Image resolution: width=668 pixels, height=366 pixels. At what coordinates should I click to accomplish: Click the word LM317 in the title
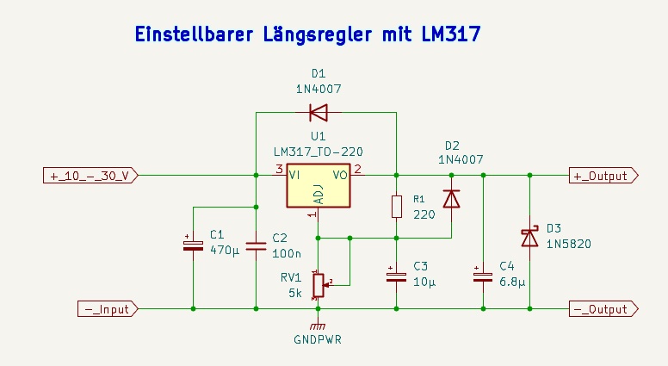tap(451, 34)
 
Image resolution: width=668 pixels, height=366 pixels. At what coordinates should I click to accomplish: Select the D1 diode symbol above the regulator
tap(319, 113)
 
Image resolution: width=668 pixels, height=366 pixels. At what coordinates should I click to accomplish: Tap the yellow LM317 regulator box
tap(319, 186)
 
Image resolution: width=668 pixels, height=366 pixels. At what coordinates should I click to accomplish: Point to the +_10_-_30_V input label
tap(90, 175)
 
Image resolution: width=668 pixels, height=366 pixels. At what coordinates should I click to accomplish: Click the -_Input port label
tap(108, 309)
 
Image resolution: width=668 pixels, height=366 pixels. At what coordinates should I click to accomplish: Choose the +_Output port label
tap(603, 175)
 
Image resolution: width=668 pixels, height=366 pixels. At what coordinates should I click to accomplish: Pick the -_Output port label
tap(603, 309)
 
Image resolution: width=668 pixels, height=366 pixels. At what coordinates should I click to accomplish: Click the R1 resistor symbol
tap(397, 207)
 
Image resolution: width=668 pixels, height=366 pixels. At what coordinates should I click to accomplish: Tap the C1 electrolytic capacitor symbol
tap(193, 245)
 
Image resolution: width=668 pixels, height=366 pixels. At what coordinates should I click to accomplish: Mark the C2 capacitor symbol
tap(256, 245)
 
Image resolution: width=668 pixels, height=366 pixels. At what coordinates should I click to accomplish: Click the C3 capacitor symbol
tap(396, 276)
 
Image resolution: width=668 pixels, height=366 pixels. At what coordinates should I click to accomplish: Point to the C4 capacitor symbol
tap(483, 276)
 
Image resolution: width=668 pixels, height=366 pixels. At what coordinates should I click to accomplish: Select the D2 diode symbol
tap(452, 199)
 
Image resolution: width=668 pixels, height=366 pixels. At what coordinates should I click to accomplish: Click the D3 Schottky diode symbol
tap(530, 238)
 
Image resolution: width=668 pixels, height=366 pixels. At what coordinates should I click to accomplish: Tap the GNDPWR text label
tap(318, 339)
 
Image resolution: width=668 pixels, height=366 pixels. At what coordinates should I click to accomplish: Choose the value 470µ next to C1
tap(225, 250)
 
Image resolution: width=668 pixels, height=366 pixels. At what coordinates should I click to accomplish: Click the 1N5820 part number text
tap(569, 244)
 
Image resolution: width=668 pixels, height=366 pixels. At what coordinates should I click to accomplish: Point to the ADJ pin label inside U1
tap(319, 195)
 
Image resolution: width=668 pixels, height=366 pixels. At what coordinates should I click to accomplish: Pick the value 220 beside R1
tap(424, 214)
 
